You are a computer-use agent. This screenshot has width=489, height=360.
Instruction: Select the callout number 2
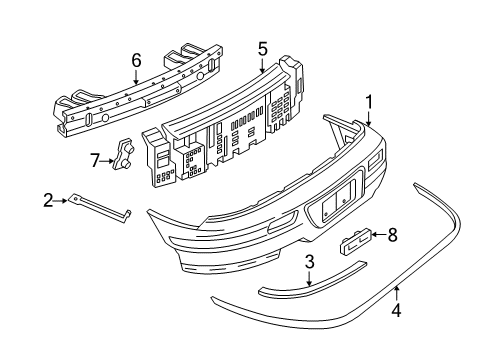tap(47, 200)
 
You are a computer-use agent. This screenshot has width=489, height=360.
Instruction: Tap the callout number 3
tap(310, 262)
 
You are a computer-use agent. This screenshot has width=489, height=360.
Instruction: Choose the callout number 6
tap(136, 60)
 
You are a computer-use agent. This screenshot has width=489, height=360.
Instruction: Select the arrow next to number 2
tap(61, 200)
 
